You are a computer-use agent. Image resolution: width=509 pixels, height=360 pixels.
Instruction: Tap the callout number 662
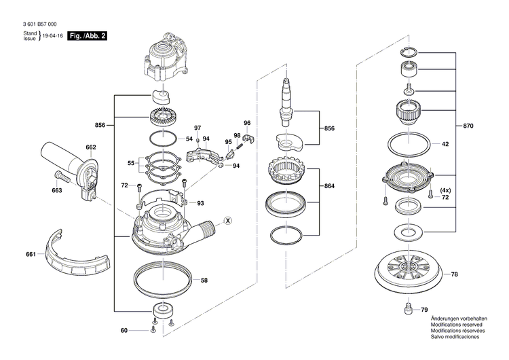tap(91, 147)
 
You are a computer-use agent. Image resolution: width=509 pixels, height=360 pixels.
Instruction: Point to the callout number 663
tap(56, 191)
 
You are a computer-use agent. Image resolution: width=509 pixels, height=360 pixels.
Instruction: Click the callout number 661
tap(31, 254)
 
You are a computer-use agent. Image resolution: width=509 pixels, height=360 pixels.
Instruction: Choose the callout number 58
tap(204, 279)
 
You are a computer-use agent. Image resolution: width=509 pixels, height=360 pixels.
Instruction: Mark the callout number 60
tap(124, 331)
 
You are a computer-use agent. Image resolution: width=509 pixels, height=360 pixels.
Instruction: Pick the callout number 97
tap(198, 128)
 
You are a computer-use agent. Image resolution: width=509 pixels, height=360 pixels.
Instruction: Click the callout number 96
tap(247, 123)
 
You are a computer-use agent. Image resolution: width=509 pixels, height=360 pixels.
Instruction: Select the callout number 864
tap(330, 185)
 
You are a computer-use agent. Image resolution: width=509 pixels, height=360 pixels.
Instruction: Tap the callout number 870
tap(468, 127)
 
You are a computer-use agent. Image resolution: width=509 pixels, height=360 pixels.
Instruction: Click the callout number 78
tap(455, 274)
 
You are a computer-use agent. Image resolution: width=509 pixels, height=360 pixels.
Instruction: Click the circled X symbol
tap(228, 220)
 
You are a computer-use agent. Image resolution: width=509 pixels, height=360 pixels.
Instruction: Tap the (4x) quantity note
tap(445, 190)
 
